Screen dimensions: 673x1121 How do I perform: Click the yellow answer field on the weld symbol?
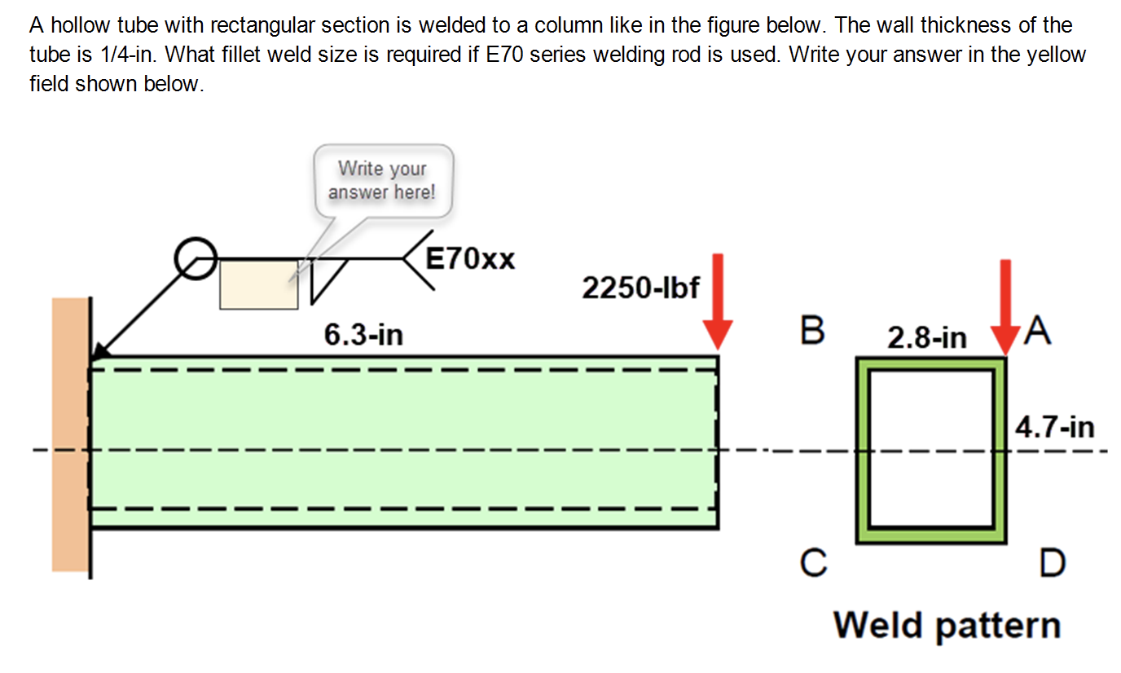pyautogui.click(x=258, y=284)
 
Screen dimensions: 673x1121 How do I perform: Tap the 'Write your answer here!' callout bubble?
pyautogui.click(x=382, y=181)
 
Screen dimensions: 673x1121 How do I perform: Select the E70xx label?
pyautogui.click(x=471, y=259)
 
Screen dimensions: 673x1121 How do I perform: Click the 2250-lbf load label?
pyautogui.click(x=640, y=288)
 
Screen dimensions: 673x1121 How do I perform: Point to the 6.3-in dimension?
pyautogui.click(x=363, y=334)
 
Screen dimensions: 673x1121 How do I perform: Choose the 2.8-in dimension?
pyautogui.click(x=927, y=337)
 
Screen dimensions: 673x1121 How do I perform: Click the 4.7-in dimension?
pyautogui.click(x=1054, y=427)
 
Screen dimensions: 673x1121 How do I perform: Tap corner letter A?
pyautogui.click(x=1039, y=331)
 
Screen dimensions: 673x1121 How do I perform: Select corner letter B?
pyautogui.click(x=812, y=331)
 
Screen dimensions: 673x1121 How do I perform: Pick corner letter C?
pyautogui.click(x=812, y=561)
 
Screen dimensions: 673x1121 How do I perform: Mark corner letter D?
pyautogui.click(x=1052, y=563)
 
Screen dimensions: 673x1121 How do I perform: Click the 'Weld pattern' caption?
pyautogui.click(x=947, y=626)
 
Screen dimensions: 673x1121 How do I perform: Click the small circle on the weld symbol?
pyautogui.click(x=196, y=260)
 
